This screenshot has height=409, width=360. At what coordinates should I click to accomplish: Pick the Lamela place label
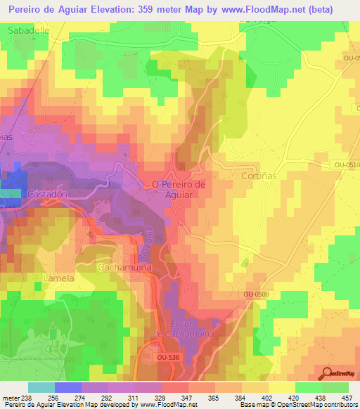tap(58, 278)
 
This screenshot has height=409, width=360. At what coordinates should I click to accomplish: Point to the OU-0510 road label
tap(347, 165)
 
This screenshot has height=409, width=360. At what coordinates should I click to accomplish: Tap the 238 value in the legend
tap(24, 398)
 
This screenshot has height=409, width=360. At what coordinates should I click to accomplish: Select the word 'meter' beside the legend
tap(9, 398)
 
